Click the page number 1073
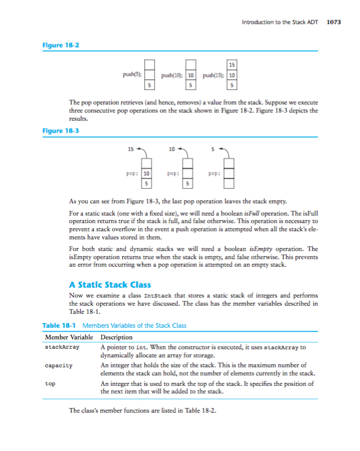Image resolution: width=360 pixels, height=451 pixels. coord(334,22)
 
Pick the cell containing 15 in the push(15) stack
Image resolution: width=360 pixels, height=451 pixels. coord(231,65)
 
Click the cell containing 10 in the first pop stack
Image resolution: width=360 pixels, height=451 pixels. coord(147,173)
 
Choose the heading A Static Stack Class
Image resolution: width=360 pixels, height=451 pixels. coord(110,284)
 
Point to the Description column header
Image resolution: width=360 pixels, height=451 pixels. coord(116,337)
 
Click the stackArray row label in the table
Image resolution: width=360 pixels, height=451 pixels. coord(62,347)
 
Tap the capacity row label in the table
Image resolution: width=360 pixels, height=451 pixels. coord(59,366)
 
